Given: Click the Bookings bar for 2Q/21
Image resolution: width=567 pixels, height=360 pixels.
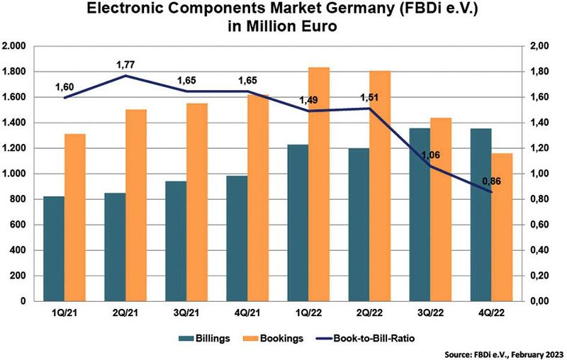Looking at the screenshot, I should click(135, 205).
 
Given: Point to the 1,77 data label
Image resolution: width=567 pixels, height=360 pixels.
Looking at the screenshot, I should click(125, 65).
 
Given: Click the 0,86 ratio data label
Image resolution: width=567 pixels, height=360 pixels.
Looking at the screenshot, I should click(491, 181).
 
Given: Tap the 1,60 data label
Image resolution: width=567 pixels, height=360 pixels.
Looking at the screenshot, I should click(65, 87).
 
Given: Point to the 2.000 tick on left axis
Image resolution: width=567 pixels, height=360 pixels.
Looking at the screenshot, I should click(15, 46).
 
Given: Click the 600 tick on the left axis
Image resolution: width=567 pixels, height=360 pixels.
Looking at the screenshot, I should click(18, 225).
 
